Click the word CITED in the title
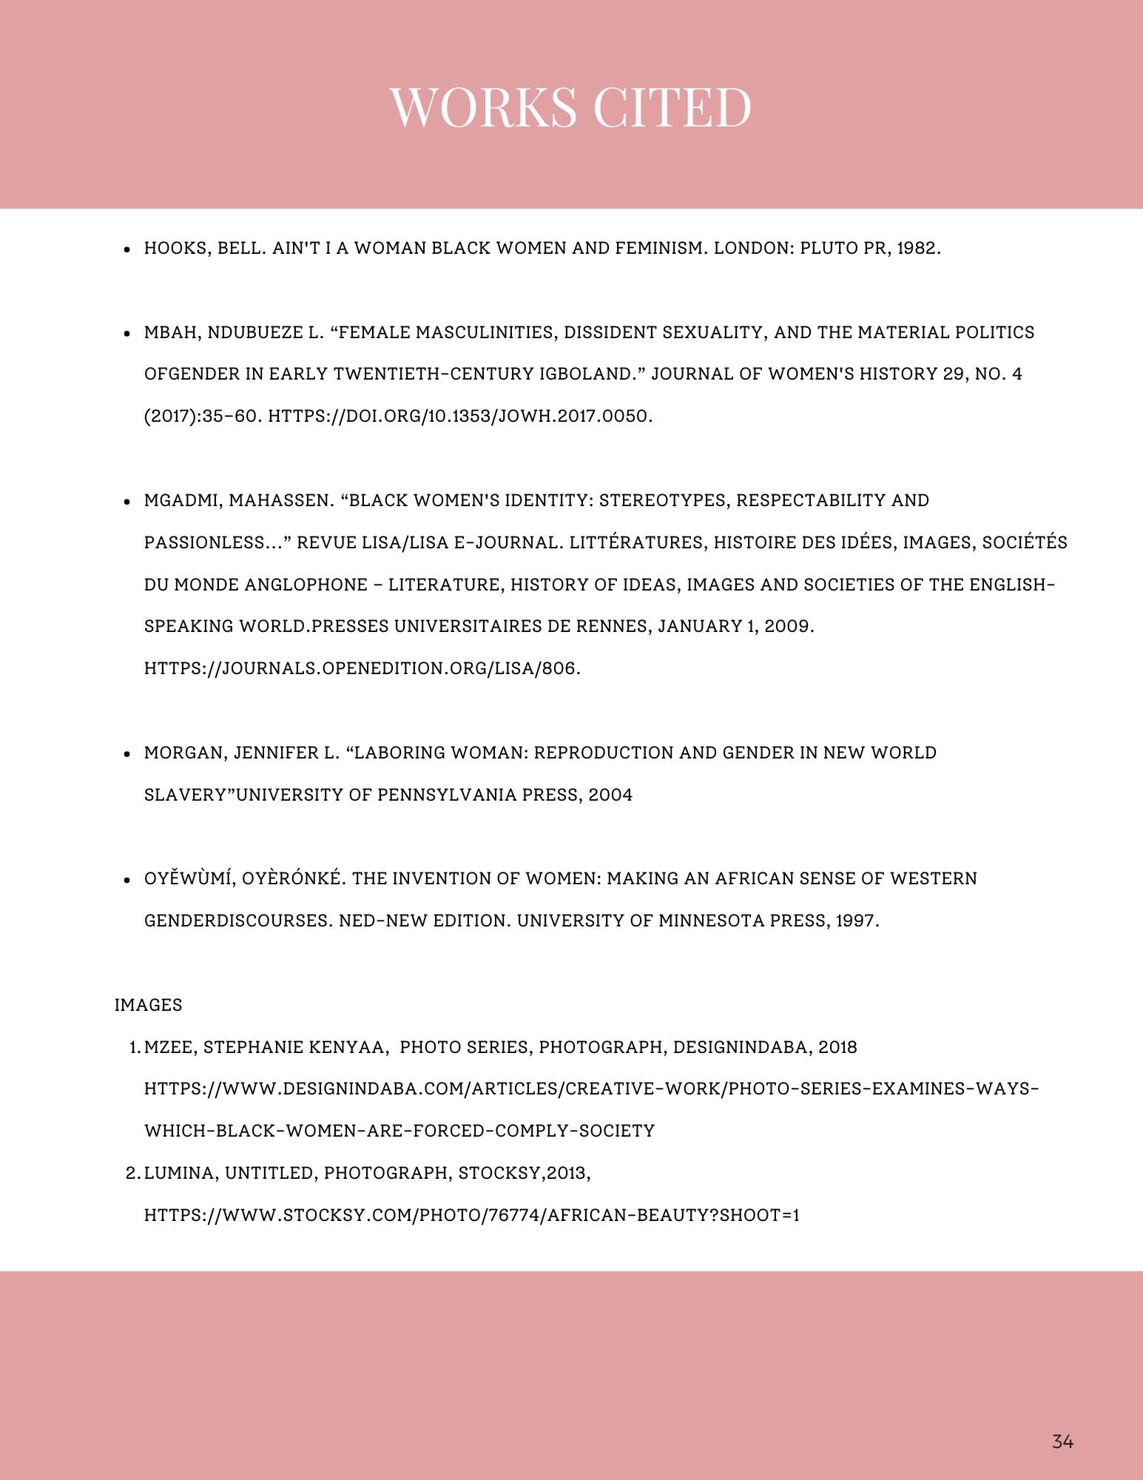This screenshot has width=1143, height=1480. [x=672, y=107]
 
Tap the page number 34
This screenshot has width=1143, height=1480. [x=1062, y=1442]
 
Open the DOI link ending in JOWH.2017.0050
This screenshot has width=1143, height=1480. [x=459, y=416]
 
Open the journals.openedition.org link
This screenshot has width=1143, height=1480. [x=362, y=668]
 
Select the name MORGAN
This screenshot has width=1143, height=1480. [x=184, y=753]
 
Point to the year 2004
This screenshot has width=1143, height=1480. [x=610, y=795]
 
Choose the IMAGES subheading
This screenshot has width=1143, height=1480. [x=149, y=1005]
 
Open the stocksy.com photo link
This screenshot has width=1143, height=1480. [x=471, y=1215]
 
